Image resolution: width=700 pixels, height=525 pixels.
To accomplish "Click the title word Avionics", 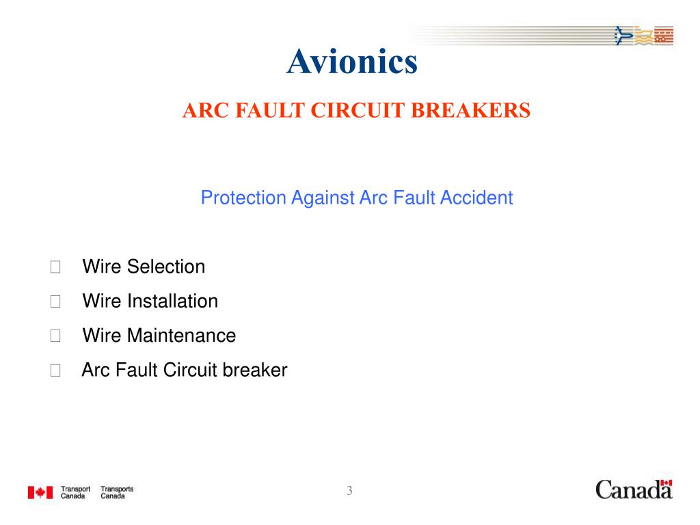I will (x=351, y=62).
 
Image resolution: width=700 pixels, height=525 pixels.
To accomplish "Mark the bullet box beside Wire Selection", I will (x=55, y=267).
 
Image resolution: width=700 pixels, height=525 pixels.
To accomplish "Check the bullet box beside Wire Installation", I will (x=55, y=301).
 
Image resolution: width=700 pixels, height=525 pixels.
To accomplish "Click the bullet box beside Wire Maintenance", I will (x=55, y=336).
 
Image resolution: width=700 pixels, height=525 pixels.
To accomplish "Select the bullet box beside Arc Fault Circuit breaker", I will (x=55, y=371).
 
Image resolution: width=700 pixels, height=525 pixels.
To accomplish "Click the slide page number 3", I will (x=349, y=490).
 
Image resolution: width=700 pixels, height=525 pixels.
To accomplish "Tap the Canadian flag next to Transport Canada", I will (x=40, y=492).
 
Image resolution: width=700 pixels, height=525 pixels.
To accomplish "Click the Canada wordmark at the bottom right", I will (x=633, y=490).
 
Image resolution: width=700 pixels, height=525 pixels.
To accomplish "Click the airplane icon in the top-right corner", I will (x=623, y=35).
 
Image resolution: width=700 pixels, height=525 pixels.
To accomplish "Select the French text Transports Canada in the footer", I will (x=117, y=492).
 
